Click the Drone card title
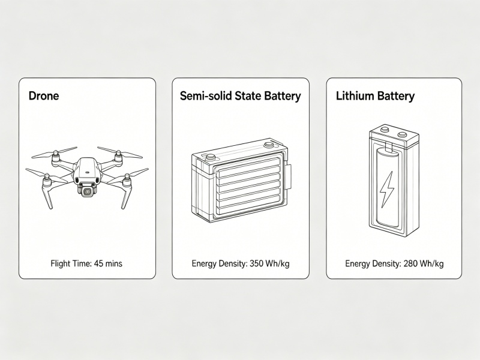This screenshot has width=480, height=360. click(44, 96)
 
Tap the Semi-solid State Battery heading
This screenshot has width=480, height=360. click(241, 96)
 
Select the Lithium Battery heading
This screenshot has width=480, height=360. click(376, 96)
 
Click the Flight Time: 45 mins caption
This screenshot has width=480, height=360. click(86, 263)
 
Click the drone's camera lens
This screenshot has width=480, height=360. click(86, 191)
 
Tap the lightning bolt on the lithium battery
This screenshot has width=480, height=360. click(386, 189)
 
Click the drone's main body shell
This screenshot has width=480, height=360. click(87, 172)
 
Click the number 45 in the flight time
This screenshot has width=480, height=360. click(98, 263)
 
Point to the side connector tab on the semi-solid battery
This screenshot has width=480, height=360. click(289, 178)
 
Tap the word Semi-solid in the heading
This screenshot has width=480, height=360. click(206, 96)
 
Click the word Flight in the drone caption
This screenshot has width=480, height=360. click(59, 263)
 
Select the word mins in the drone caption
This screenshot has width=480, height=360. click(113, 263)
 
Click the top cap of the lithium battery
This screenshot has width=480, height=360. click(394, 134)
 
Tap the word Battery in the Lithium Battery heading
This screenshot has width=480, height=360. click(395, 96)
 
